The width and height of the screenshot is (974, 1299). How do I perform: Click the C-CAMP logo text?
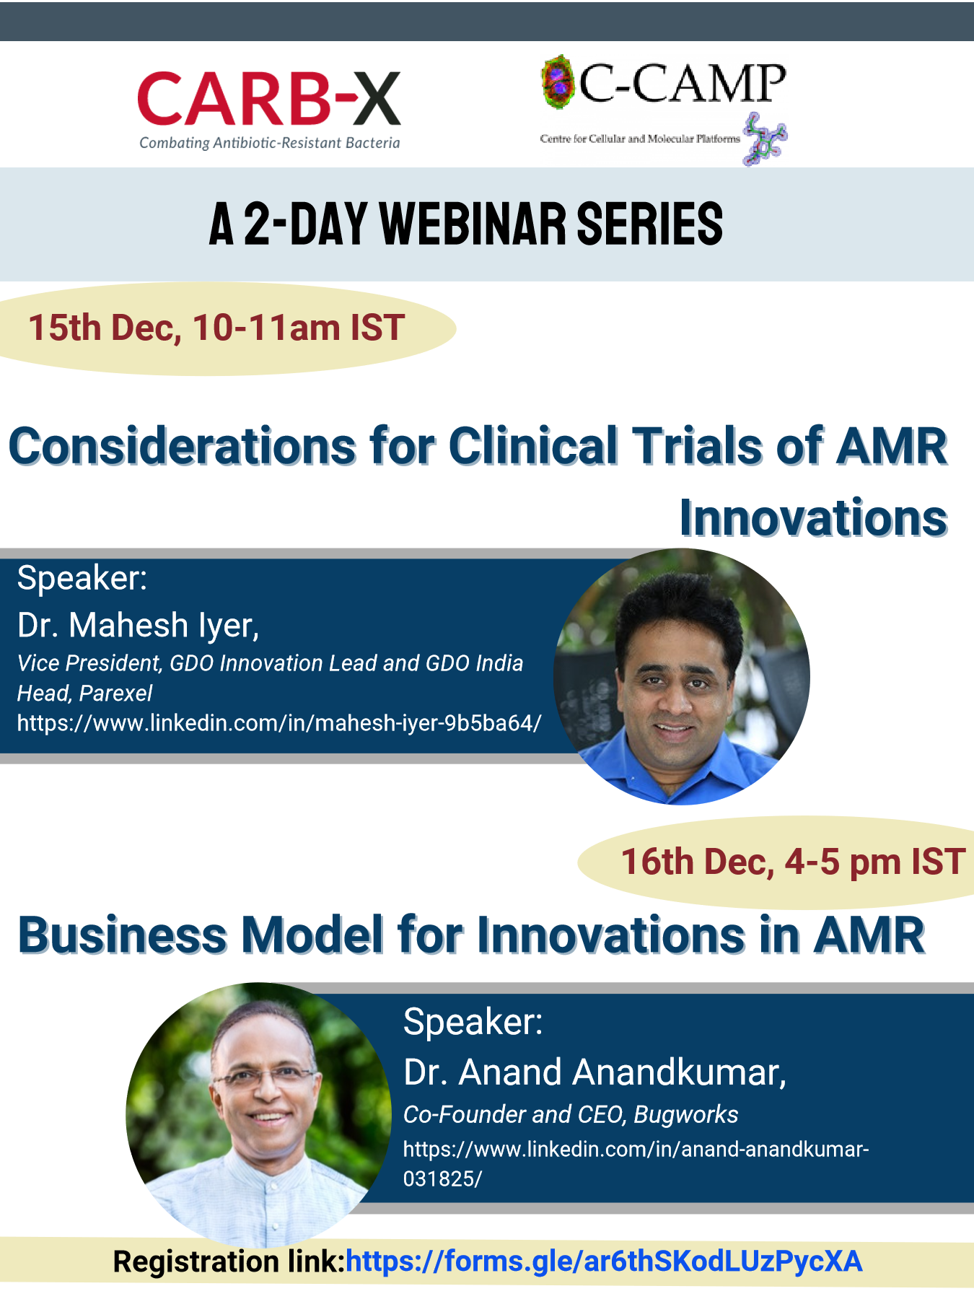click(682, 84)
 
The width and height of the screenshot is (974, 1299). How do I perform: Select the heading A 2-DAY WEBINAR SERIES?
click(466, 224)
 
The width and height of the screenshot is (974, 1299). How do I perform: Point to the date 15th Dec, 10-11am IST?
click(216, 328)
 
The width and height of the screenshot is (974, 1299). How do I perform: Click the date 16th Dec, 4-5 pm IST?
click(793, 862)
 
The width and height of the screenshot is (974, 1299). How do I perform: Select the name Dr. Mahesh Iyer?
click(138, 625)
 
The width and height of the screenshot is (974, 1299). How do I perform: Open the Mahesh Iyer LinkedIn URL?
click(279, 723)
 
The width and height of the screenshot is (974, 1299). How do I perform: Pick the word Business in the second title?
click(123, 935)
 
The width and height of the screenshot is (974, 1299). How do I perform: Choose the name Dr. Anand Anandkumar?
click(595, 1072)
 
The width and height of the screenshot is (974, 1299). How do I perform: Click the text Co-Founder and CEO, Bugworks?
click(571, 1114)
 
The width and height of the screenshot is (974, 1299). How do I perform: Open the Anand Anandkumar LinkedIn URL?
click(636, 1163)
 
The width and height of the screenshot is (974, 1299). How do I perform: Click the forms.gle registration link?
click(604, 1261)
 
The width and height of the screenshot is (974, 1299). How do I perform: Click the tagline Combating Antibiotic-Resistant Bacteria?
click(270, 143)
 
